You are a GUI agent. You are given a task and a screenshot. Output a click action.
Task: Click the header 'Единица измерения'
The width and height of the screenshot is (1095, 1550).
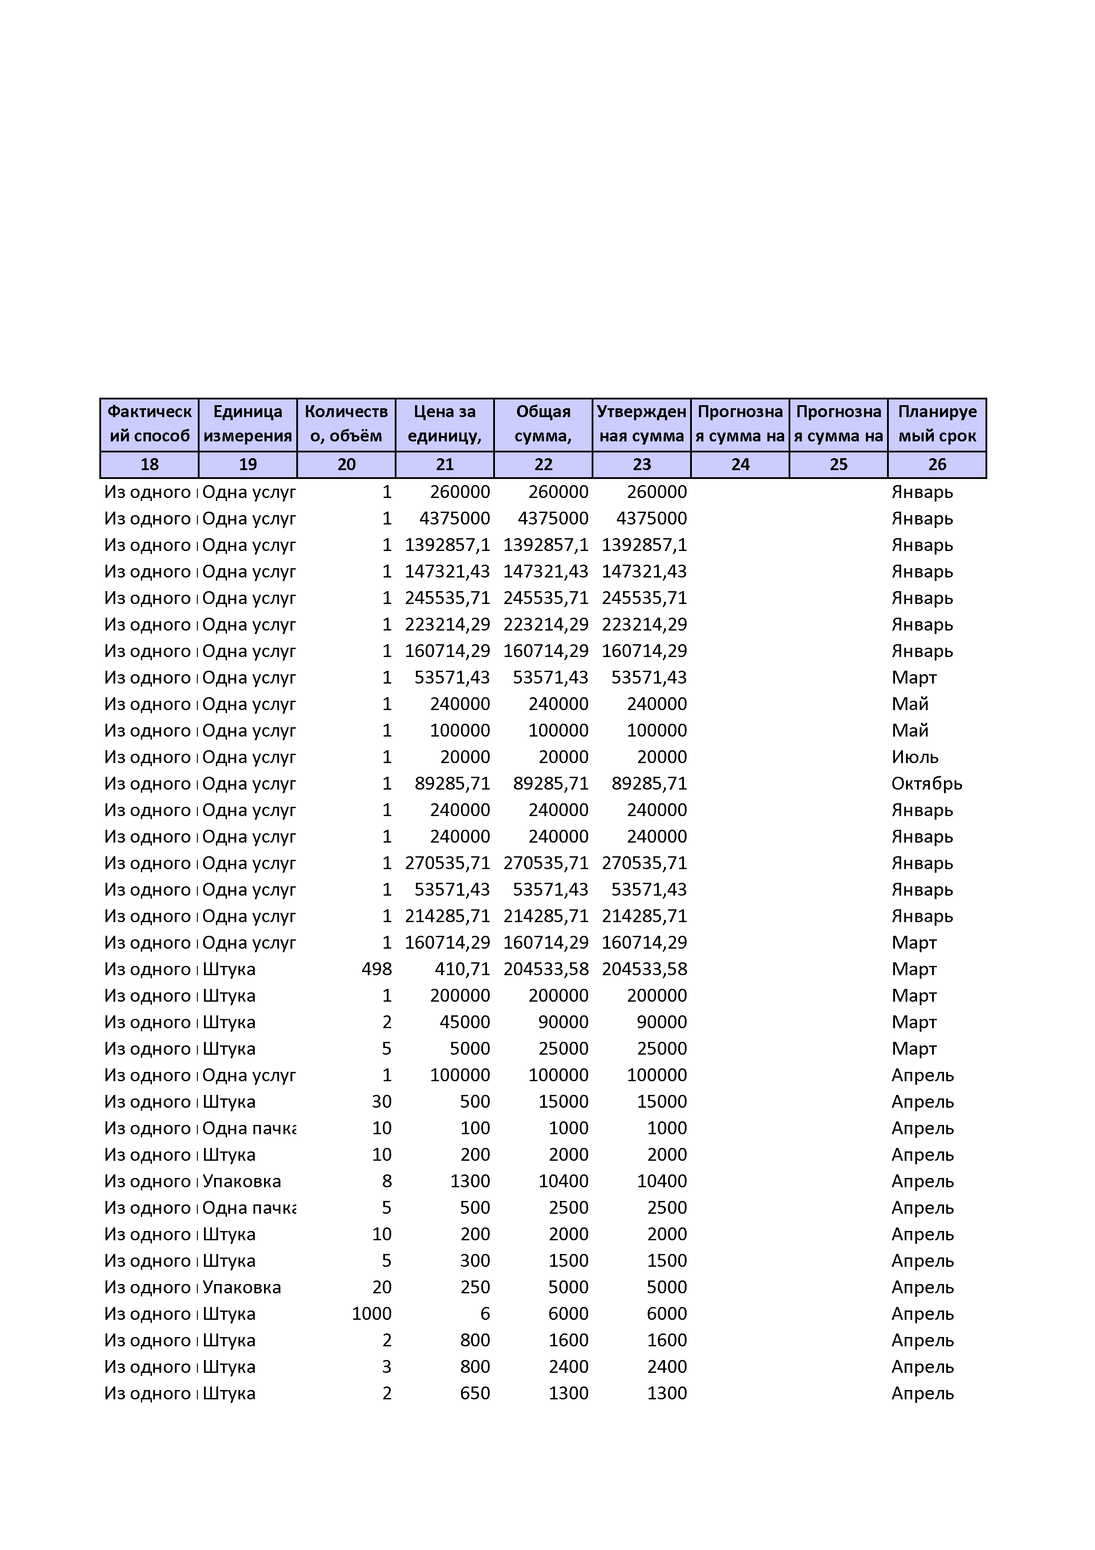click(248, 424)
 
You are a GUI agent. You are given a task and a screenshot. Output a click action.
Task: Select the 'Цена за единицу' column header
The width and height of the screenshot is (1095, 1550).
click(445, 424)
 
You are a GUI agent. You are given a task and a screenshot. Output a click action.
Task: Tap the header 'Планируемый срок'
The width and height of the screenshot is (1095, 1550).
click(937, 424)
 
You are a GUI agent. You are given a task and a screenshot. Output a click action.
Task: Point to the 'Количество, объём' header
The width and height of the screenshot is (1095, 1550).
click(346, 424)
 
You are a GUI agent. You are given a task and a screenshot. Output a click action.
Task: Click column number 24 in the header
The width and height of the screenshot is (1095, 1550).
click(740, 464)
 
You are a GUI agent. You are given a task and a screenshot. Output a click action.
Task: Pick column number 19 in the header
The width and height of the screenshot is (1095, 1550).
click(248, 464)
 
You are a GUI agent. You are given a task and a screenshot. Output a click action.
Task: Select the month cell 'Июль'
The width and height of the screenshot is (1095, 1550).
click(915, 757)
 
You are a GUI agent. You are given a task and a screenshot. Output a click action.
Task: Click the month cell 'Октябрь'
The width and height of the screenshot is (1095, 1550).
click(926, 784)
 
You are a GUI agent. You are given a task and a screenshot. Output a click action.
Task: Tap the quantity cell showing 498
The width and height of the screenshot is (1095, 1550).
click(377, 969)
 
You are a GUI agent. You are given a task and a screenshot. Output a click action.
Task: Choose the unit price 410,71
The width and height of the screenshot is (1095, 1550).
click(462, 969)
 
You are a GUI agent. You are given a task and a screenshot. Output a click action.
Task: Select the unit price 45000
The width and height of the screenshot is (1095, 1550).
click(465, 1022)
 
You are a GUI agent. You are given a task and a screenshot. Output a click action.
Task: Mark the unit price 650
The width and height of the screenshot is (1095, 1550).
click(475, 1394)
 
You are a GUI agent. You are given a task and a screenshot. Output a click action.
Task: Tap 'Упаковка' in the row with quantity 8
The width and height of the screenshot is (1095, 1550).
click(242, 1181)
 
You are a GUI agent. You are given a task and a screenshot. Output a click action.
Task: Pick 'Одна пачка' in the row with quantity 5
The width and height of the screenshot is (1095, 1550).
click(249, 1208)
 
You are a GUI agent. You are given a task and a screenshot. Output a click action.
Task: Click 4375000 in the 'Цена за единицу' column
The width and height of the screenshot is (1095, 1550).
click(455, 518)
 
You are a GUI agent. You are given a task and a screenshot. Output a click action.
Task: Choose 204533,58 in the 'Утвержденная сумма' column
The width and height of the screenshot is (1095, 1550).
click(644, 969)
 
